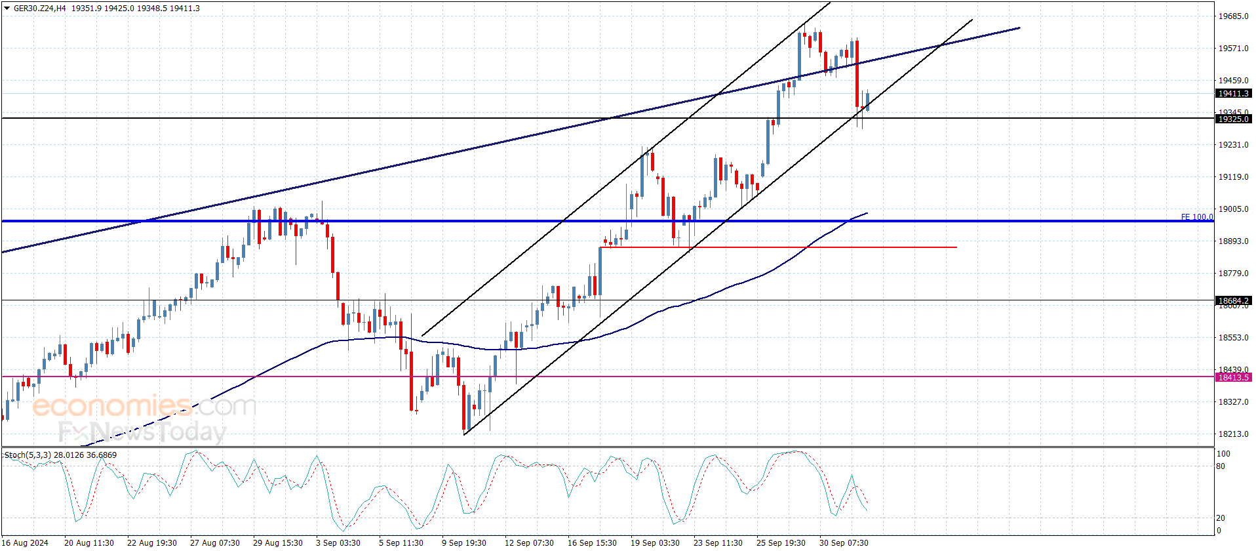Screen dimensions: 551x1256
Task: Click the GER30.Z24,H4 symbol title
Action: pyautogui.click(x=39, y=9)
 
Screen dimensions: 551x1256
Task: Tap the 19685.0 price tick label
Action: pyautogui.click(x=1233, y=16)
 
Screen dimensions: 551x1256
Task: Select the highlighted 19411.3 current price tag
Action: pyautogui.click(x=1233, y=94)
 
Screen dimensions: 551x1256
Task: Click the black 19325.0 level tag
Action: pyautogui.click(x=1233, y=119)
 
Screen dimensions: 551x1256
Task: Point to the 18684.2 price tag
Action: pyautogui.click(x=1233, y=300)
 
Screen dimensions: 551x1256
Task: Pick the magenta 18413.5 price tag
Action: pyautogui.click(x=1233, y=377)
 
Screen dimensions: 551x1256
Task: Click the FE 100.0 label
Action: pyautogui.click(x=1196, y=217)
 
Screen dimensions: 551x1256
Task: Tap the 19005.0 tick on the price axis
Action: pyautogui.click(x=1233, y=209)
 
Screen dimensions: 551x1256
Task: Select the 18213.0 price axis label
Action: pyautogui.click(x=1233, y=434)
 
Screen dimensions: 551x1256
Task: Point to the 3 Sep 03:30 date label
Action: pyautogui.click(x=338, y=542)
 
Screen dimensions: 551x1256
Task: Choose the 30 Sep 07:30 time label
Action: pyautogui.click(x=844, y=542)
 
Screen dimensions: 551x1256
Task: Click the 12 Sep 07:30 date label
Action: pyautogui.click(x=529, y=542)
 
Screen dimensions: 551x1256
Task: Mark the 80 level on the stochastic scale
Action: pyautogui.click(x=1220, y=466)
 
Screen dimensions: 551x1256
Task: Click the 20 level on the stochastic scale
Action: pyautogui.click(x=1220, y=518)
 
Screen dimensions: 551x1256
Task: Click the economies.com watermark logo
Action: pyautogui.click(x=144, y=406)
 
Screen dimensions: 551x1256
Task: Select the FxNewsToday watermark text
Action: pyautogui.click(x=142, y=432)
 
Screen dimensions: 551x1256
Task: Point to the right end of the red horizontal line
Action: pyautogui.click(x=956, y=247)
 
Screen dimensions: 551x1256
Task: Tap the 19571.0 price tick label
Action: pyautogui.click(x=1233, y=49)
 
